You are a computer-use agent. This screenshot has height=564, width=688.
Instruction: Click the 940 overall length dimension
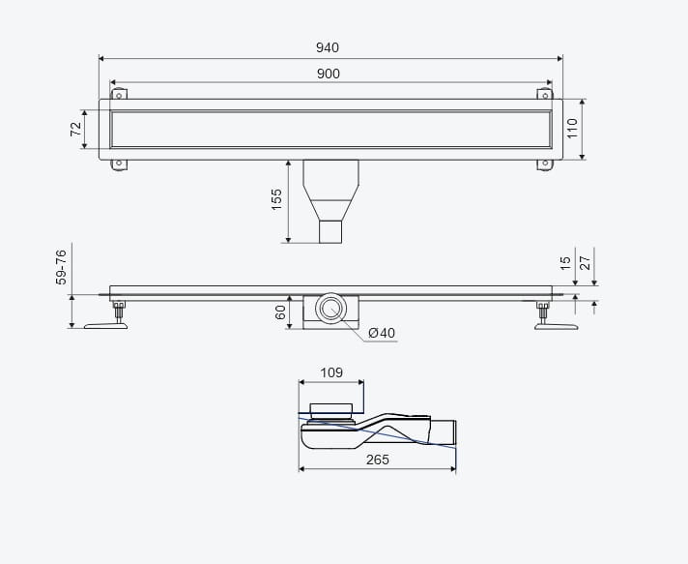[x=328, y=47]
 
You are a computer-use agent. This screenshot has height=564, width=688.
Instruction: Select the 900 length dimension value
[x=329, y=74]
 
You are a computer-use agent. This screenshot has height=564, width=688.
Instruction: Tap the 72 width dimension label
[x=76, y=129]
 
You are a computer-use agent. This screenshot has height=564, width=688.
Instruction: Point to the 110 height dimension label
[x=572, y=129]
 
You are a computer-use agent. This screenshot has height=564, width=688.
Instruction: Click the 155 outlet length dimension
[x=276, y=199]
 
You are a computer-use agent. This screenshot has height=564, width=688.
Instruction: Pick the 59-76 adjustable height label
[x=61, y=267]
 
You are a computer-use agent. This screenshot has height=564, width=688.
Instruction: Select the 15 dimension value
[x=566, y=263]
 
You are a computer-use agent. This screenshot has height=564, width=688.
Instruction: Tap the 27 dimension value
[x=586, y=263]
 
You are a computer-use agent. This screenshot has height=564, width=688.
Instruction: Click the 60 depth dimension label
[x=280, y=312]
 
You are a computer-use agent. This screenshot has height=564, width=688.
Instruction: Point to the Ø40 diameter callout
[x=382, y=333]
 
